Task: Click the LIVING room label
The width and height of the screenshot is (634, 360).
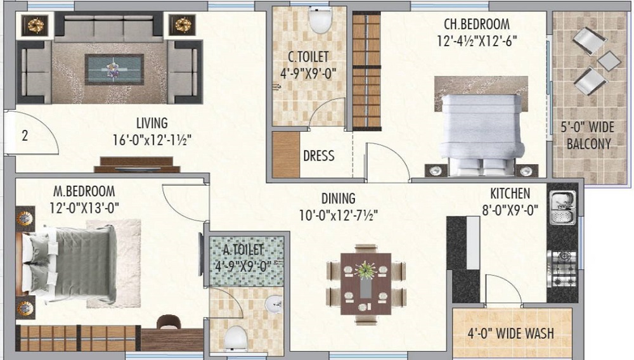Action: coord(152,123)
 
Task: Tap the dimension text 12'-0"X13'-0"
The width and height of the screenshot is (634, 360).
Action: coord(84,208)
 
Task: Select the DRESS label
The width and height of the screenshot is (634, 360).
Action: coord(319,155)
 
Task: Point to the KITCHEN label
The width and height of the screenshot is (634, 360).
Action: coord(510,193)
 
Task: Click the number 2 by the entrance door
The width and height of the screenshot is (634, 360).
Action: coord(25,136)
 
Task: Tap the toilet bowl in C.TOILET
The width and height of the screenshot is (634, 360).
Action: coord(320,20)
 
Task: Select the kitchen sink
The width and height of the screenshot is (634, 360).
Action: coord(562,208)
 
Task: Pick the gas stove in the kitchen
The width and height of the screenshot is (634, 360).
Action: coord(562,269)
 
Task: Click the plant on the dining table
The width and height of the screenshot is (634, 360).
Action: coord(366,269)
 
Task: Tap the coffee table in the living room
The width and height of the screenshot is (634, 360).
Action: coord(114,70)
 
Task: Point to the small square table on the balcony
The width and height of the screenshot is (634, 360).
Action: coord(609,61)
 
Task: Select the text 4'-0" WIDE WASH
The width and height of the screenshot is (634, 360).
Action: coord(510,333)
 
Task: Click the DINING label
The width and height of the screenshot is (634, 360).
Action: coord(339,198)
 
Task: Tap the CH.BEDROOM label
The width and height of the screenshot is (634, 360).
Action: coord(477,24)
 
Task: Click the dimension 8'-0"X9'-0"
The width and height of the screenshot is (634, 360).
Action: coord(510,210)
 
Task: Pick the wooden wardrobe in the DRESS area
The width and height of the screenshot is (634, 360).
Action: coord(286,155)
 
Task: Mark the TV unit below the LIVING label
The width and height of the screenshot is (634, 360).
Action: coord(137,164)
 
